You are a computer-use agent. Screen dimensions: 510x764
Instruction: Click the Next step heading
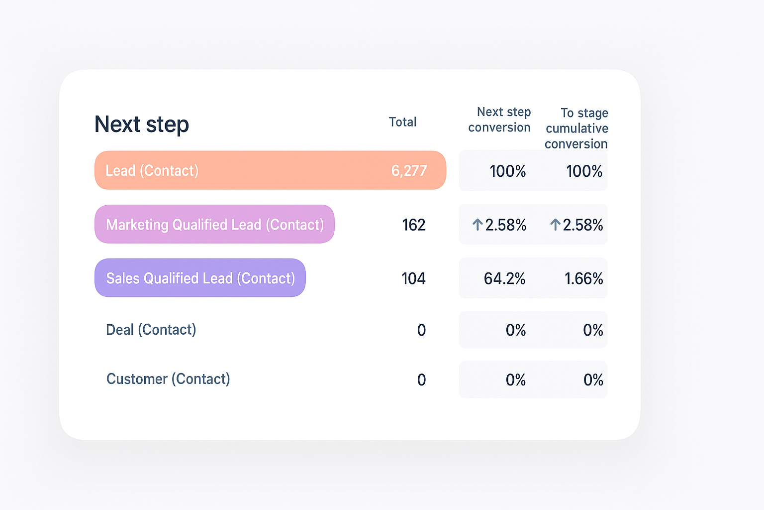coord(142,125)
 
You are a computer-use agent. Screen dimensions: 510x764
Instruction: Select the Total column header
coord(402,122)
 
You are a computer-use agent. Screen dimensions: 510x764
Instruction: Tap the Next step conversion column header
coord(499,120)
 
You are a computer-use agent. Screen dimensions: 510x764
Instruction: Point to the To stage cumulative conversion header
coord(576,128)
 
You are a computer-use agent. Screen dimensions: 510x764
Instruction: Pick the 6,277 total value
coord(409,171)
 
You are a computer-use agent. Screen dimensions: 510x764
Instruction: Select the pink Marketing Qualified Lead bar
coord(214,224)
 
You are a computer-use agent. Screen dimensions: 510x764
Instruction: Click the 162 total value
coord(414,225)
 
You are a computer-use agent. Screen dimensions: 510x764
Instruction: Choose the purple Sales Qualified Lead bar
coord(200,278)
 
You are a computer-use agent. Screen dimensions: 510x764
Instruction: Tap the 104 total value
coord(413,278)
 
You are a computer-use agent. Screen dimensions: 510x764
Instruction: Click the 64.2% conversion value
coord(504,278)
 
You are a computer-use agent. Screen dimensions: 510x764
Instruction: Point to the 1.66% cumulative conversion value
coord(583,278)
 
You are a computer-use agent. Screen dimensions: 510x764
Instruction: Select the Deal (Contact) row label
coord(151,330)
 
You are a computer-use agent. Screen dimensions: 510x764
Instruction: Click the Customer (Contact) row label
coord(168,379)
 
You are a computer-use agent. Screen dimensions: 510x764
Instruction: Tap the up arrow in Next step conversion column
coord(477,225)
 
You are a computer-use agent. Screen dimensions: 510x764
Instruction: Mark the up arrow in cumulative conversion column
coord(555,225)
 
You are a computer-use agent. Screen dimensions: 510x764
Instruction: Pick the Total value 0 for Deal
coord(421,330)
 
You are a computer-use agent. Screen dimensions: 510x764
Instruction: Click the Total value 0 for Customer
coord(421,380)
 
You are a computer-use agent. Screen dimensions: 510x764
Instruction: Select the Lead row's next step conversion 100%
coord(507,171)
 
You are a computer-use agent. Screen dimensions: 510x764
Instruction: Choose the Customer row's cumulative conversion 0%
coord(593,380)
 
